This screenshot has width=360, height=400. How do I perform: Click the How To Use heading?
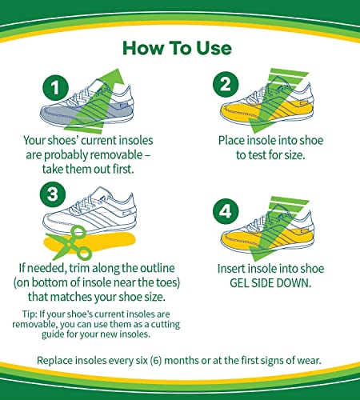click(x=177, y=48)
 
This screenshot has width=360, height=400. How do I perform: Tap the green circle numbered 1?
click(x=56, y=88)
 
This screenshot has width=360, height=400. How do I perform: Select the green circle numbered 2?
click(x=226, y=85)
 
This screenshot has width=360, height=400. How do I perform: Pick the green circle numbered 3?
click(x=53, y=194)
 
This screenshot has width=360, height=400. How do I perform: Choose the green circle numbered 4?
click(x=226, y=212)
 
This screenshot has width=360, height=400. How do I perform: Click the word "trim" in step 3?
click(x=79, y=268)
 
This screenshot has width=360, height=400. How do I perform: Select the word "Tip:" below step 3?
click(x=30, y=314)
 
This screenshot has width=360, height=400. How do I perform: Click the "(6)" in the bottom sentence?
click(x=156, y=361)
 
